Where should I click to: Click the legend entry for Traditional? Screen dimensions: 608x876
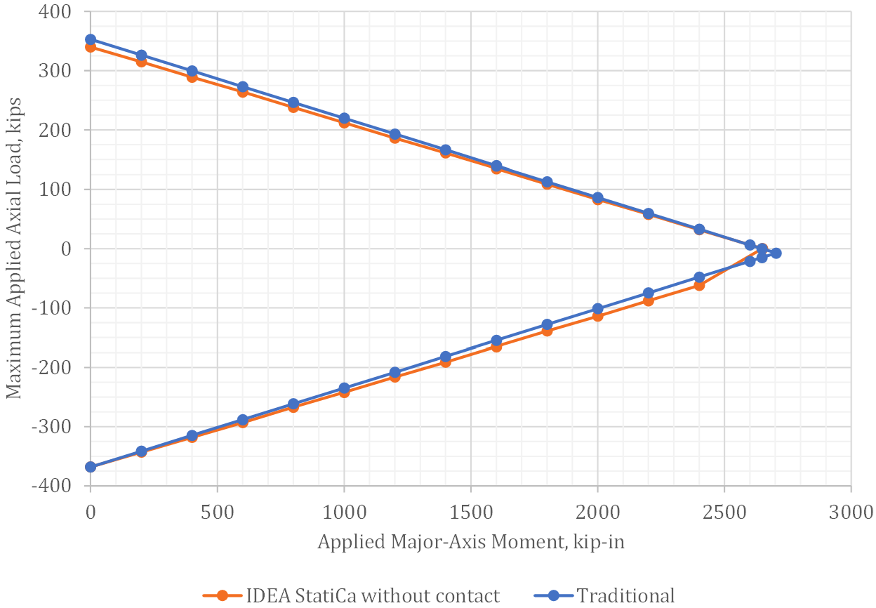click(625, 595)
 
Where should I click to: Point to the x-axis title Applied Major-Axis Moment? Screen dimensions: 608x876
click(471, 542)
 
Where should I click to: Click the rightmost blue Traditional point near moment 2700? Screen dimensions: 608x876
click(776, 253)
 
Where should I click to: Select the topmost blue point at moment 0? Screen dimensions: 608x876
click(91, 39)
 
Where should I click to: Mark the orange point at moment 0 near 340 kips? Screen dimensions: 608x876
click(91, 47)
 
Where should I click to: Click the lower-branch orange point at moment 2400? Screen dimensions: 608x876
click(699, 285)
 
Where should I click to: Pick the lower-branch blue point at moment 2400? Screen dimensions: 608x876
click(699, 277)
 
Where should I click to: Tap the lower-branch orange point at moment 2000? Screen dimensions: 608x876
click(597, 316)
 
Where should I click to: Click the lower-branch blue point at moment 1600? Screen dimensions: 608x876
click(496, 341)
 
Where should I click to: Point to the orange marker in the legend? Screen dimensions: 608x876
click(223, 595)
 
